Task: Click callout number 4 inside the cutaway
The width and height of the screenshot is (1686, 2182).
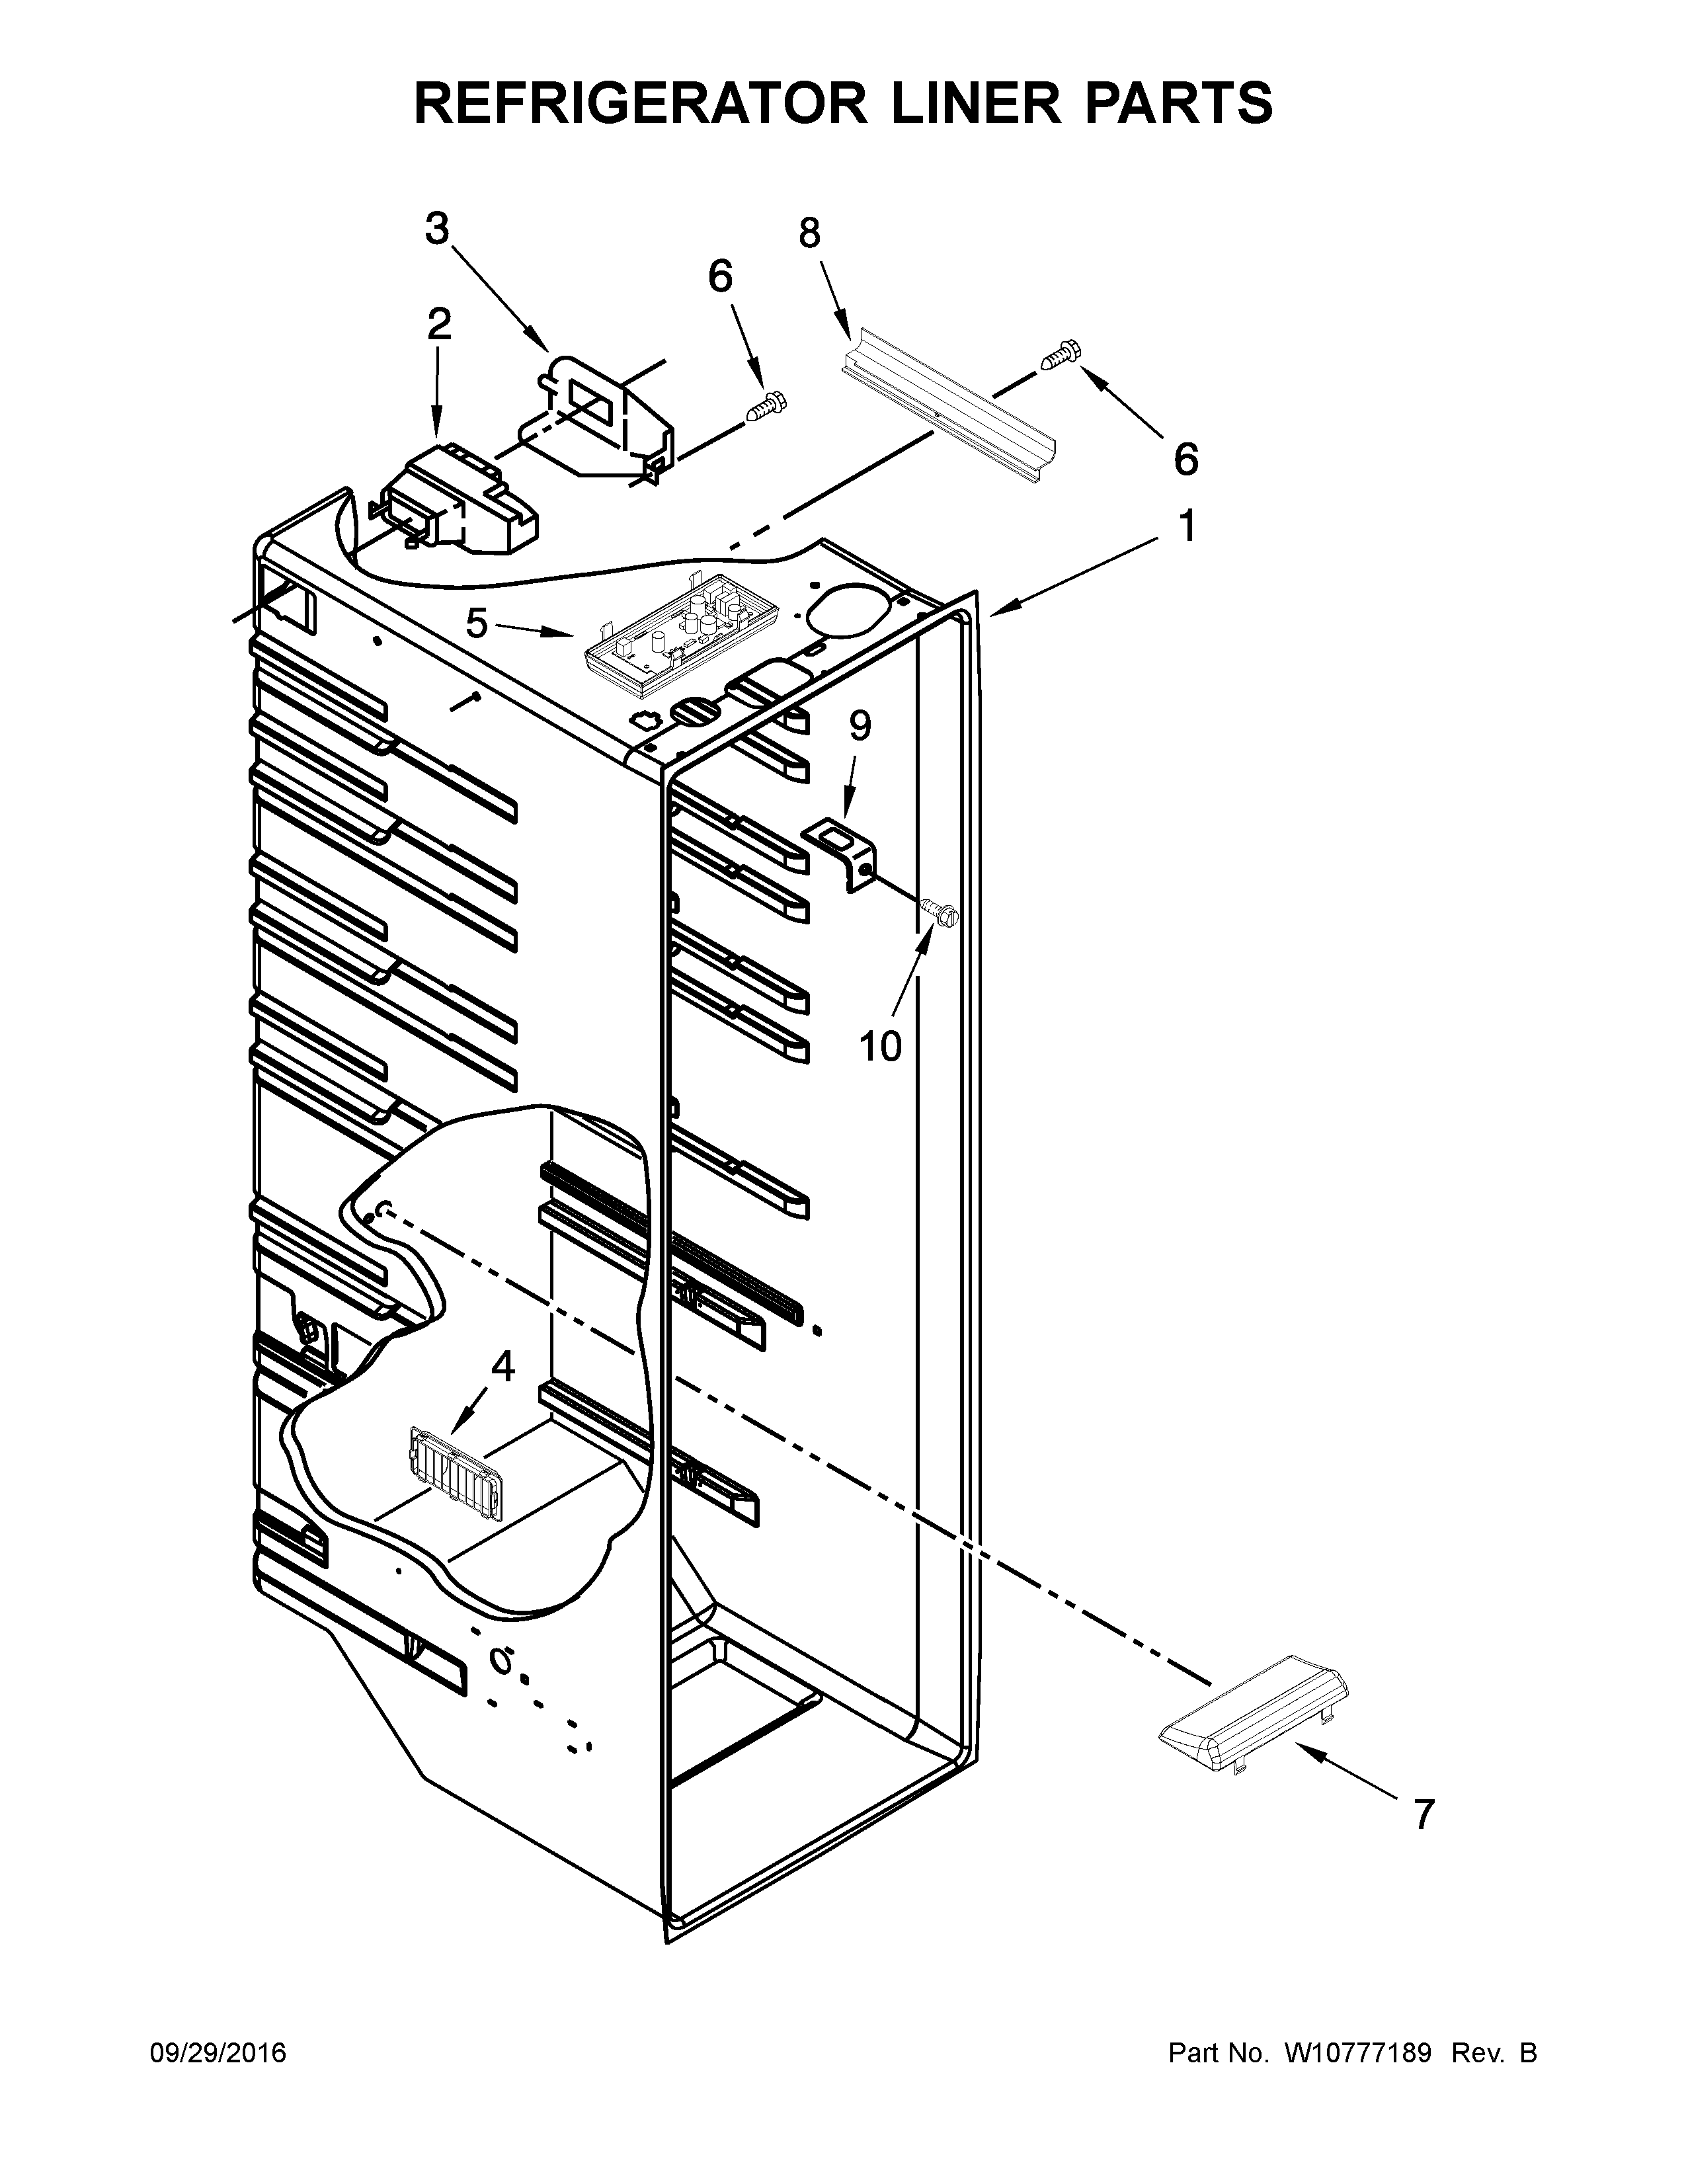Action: pos(502,1367)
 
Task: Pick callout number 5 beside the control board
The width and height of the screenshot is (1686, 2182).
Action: pos(477,624)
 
